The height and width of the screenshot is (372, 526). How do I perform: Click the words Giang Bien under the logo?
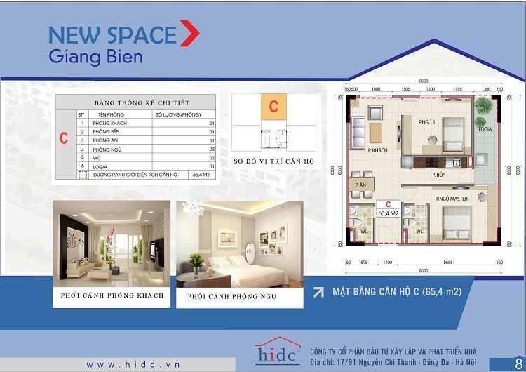(95, 56)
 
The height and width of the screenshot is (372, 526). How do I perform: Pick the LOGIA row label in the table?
(105, 167)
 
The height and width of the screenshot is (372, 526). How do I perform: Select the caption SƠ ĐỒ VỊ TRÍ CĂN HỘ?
(274, 162)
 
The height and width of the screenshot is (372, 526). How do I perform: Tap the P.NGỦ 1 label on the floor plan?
(427, 123)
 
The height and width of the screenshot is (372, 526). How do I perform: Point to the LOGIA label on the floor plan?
(485, 130)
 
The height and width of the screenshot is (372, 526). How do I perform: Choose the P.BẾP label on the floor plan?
(440, 174)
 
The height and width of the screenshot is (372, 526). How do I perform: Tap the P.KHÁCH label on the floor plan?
(378, 150)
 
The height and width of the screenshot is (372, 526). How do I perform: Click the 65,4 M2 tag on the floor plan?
(388, 209)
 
